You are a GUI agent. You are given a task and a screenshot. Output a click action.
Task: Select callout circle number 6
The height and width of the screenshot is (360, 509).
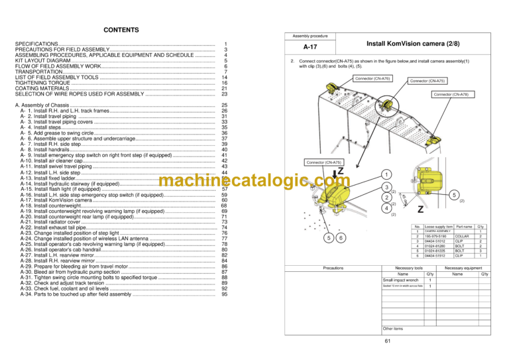click(x=341, y=238)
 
